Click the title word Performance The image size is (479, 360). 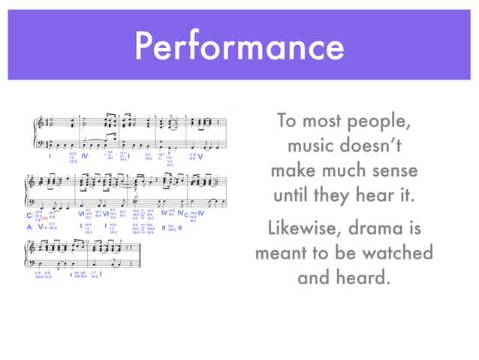point(239,46)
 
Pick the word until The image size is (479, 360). point(297,197)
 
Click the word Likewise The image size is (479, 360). point(305,228)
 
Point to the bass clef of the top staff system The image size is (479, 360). point(40,144)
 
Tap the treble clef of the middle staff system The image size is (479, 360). point(32,182)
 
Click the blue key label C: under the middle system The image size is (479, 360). point(29,215)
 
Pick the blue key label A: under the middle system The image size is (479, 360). point(29,225)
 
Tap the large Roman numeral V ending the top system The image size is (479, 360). point(200,157)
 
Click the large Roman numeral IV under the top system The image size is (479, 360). point(84,156)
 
